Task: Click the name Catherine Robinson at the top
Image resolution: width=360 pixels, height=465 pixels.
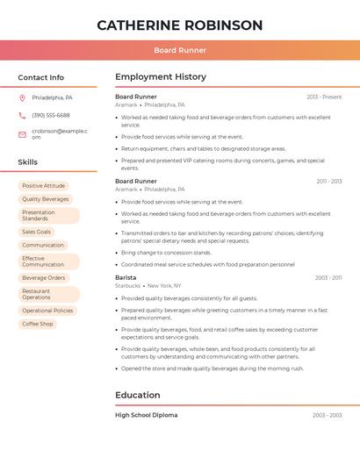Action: (180, 25)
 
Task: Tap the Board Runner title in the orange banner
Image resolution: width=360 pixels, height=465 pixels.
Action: (180, 50)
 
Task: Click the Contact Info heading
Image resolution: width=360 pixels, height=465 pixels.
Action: (41, 77)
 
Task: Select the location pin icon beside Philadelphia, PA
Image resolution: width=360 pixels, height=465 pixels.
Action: (22, 97)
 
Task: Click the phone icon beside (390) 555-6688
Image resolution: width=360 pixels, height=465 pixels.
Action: (22, 115)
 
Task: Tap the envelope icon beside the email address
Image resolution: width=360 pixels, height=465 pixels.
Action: (22, 134)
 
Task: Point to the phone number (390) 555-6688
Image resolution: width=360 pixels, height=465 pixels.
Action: (51, 115)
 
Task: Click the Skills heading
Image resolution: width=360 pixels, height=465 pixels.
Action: (28, 162)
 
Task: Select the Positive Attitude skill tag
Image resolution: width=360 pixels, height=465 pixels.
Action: (44, 186)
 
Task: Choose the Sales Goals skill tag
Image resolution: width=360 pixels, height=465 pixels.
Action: (37, 232)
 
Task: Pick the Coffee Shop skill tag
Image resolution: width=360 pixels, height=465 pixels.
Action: (38, 324)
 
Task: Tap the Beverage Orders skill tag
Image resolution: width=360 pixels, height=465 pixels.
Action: (44, 278)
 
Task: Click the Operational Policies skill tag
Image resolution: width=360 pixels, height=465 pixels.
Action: (48, 311)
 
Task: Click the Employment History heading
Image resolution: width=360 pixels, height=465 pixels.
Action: (161, 77)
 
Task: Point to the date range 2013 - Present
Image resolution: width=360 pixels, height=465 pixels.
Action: (324, 97)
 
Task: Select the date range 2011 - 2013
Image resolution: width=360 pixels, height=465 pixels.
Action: (329, 182)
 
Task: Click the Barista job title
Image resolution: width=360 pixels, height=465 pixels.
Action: (126, 277)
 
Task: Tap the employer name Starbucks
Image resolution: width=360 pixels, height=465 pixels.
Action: (127, 286)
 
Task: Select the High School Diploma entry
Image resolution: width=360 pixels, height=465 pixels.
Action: (146, 415)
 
